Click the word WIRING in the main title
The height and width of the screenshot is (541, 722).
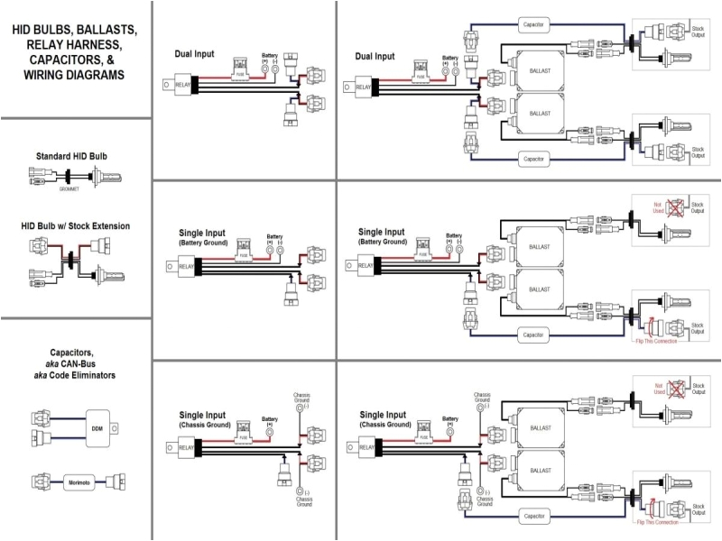pos(49,75)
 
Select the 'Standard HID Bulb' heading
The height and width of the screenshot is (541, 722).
pos(75,156)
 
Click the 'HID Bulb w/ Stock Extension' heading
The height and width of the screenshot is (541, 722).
pos(75,225)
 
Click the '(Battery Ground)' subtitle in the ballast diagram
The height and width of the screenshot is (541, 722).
pos(383,243)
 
